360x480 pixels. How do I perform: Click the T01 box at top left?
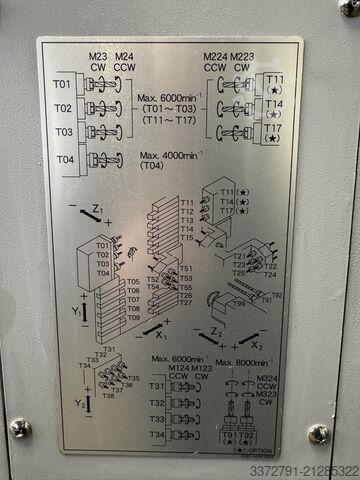tap(62, 83)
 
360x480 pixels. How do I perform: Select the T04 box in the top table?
tap(62, 158)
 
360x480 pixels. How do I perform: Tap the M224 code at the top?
tap(214, 56)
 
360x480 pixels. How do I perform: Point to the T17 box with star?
tap(273, 133)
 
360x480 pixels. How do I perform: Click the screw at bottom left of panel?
tap(21, 427)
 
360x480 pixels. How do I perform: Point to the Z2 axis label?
tap(217, 331)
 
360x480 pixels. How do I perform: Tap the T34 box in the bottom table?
tap(156, 435)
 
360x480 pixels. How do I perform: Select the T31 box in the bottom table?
tap(156, 386)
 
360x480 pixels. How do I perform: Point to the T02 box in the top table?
tap(62, 107)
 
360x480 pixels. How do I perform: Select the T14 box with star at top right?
tap(273, 109)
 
